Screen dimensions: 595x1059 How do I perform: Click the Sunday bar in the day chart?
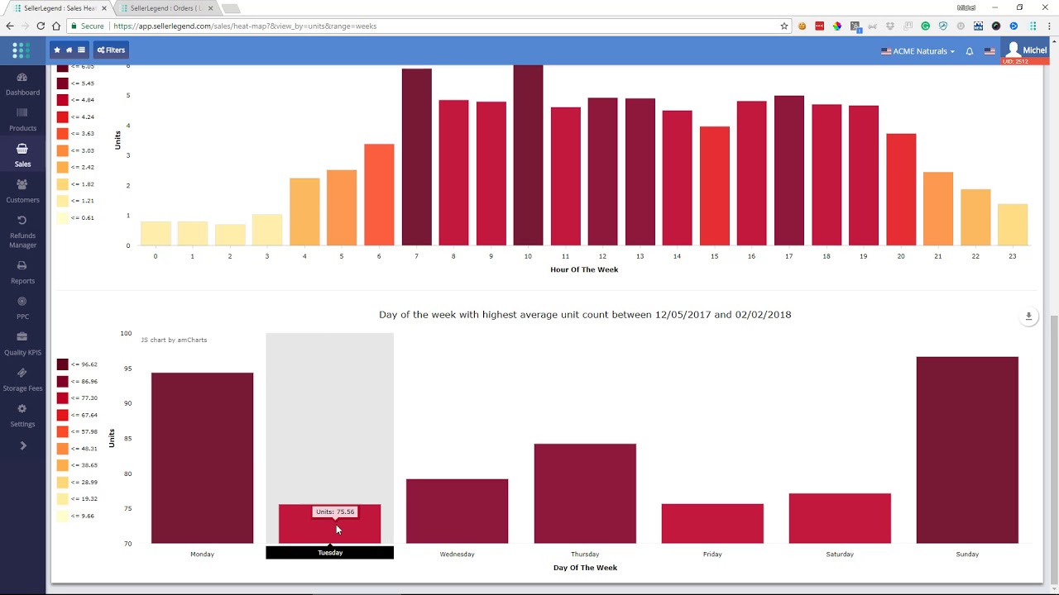click(x=967, y=450)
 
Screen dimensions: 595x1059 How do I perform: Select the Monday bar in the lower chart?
click(x=202, y=458)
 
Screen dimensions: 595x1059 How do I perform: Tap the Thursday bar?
click(x=585, y=493)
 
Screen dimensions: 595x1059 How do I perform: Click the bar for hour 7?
click(x=416, y=157)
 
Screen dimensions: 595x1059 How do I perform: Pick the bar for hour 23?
click(x=1012, y=224)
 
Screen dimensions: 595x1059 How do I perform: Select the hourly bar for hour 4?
click(x=304, y=212)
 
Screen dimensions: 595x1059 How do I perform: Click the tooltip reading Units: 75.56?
click(x=335, y=512)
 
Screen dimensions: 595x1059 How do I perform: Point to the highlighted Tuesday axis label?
click(x=329, y=553)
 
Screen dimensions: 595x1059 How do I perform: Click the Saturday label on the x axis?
click(x=839, y=554)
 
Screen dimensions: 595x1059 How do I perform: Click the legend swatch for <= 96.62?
click(x=63, y=364)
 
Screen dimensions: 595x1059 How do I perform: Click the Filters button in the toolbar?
click(x=111, y=50)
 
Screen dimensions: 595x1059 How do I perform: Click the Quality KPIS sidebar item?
click(x=22, y=343)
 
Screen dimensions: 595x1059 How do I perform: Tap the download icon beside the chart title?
click(x=1028, y=316)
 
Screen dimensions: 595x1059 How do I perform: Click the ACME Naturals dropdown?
click(x=918, y=51)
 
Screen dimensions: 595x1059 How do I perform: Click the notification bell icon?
click(x=970, y=51)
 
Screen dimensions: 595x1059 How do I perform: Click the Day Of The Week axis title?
click(x=585, y=568)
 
